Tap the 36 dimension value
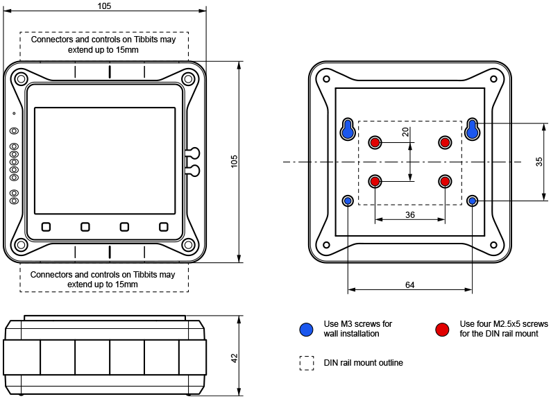409,215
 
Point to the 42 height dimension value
234,358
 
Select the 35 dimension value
539,162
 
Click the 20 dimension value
405,132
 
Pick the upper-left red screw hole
375,142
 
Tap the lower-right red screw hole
445,181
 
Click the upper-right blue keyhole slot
473,129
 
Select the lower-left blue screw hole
348,201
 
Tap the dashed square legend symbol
306,363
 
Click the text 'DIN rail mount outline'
363,363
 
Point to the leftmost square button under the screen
46,226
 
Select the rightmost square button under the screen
164,226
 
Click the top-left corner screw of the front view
21,76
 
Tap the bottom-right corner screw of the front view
189,244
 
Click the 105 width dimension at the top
104,6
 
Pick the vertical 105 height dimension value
234,161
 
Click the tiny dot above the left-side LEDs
14,113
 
